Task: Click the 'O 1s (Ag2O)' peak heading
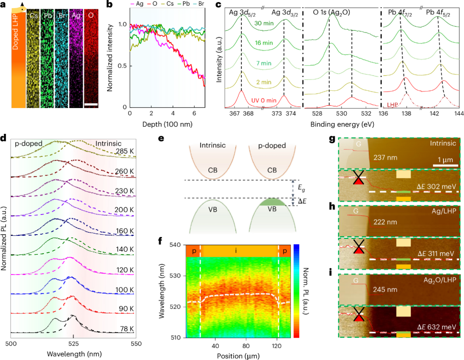(331, 12)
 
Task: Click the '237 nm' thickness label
(383, 158)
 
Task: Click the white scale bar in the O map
(92, 104)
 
